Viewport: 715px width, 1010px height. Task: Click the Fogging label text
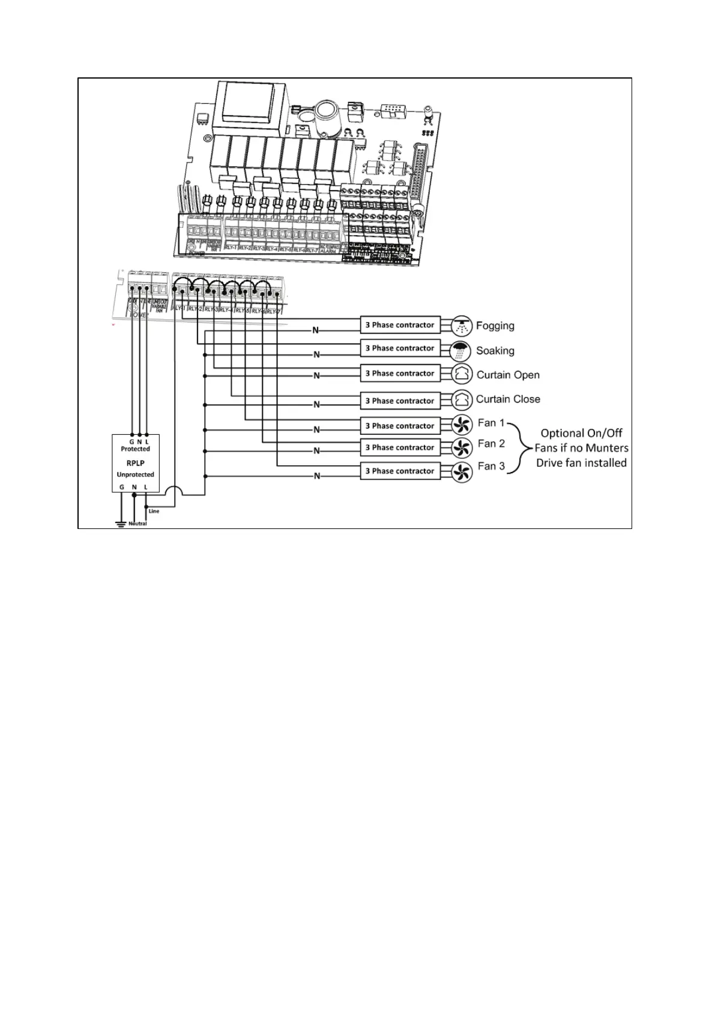[x=495, y=326]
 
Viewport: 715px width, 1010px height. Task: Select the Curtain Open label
[x=508, y=375]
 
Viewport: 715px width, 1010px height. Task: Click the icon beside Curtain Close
[x=460, y=399]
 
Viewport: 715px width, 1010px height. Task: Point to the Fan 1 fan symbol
[x=460, y=425]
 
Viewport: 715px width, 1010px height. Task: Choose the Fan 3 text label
[x=491, y=466]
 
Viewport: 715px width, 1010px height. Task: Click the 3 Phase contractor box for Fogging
[x=400, y=325]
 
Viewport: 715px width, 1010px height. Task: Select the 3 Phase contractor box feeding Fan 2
[x=400, y=447]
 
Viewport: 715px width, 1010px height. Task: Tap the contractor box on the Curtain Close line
[x=400, y=401]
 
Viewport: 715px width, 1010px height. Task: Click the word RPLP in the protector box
[x=135, y=463]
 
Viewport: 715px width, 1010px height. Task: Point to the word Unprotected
[x=135, y=474]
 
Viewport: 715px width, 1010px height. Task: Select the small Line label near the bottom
[x=154, y=511]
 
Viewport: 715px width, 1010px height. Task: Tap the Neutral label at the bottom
[x=137, y=524]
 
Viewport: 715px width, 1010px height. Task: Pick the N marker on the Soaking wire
[x=316, y=354]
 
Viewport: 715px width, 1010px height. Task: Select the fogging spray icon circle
[x=460, y=325]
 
